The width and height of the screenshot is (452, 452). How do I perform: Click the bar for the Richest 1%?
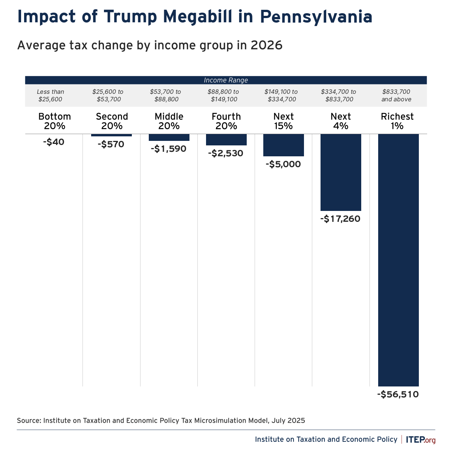[x=398, y=260]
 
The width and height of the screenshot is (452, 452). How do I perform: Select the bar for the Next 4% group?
[x=341, y=172]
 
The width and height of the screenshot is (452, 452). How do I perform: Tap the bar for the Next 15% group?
[x=284, y=145]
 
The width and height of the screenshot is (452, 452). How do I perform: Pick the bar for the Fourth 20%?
[x=226, y=139]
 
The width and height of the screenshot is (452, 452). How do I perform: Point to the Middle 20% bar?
[x=169, y=137]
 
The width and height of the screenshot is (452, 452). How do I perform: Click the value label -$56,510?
[x=398, y=394]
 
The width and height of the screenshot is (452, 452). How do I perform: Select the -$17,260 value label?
[x=341, y=218]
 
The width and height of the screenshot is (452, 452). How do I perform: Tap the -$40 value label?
[x=53, y=142]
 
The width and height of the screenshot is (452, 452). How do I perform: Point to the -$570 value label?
[x=111, y=144]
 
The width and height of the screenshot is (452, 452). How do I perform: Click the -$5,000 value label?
[x=283, y=164]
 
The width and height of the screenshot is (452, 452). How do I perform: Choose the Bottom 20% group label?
[x=55, y=121]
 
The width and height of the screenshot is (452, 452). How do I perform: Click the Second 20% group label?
[x=112, y=121]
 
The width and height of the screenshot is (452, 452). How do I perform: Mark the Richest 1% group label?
[x=397, y=121]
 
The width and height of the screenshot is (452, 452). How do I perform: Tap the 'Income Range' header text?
[x=226, y=80]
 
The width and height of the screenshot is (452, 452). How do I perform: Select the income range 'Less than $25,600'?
[x=50, y=96]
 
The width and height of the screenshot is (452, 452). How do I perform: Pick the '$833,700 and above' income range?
[x=396, y=96]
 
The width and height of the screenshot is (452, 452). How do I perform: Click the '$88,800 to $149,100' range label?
[x=223, y=96]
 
